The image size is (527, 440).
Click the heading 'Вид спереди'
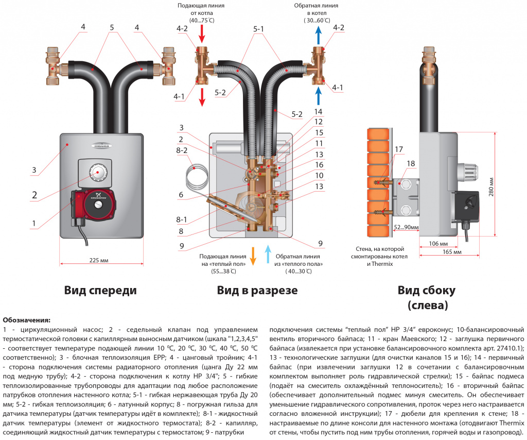tap(100, 290)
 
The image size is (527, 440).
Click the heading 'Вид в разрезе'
tap(257, 290)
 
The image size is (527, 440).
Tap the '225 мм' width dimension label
tap(99, 260)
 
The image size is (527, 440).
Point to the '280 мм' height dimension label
tap(491, 187)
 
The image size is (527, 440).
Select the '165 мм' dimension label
tap(452, 252)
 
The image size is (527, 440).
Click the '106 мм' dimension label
tap(438, 244)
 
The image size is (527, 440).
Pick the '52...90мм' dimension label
tap(406, 227)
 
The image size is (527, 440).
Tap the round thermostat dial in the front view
tap(98, 172)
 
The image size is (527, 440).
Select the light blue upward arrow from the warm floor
tap(268, 254)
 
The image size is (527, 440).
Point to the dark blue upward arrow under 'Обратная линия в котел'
tap(318, 35)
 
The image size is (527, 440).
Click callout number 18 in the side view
tap(411, 164)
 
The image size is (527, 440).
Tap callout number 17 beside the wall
tap(399, 149)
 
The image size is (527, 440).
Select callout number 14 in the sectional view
tap(318, 112)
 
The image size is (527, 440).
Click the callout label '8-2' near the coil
tap(182, 150)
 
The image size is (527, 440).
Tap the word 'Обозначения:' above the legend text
tap(27, 320)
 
